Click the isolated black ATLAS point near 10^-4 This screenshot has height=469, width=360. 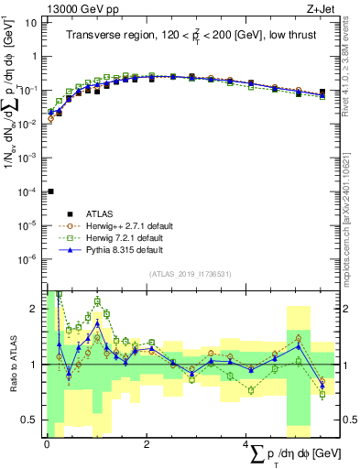click(50, 191)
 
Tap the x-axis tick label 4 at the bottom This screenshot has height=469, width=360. click(246, 444)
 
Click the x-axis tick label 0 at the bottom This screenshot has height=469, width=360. click(47, 444)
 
